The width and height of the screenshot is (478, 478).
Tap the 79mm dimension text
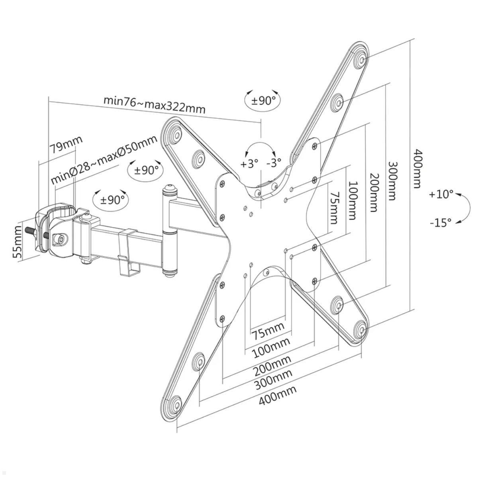pos(66,145)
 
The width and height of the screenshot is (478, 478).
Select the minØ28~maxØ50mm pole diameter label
pos(104,160)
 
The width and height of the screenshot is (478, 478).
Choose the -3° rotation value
pos(274,162)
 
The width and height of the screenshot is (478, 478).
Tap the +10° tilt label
pos(441,194)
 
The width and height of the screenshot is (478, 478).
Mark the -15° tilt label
pos(441,222)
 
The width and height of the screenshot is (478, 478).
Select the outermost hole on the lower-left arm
pos(175,402)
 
